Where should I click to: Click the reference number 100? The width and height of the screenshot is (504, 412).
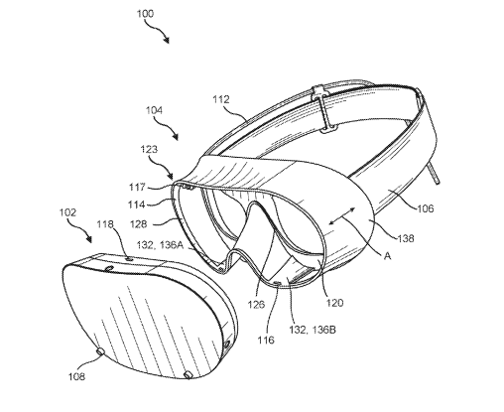point(145,14)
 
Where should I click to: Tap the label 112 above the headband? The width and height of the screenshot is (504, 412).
point(221,99)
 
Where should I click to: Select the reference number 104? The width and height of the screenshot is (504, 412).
point(154,110)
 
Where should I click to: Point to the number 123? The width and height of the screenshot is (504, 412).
point(149,149)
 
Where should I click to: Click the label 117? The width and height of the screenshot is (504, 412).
point(137,188)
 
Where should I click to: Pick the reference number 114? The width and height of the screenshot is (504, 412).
point(137,205)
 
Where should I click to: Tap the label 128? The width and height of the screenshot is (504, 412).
point(138,224)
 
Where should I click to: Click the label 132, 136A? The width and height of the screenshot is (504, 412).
point(160,245)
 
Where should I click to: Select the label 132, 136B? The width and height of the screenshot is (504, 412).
point(313,330)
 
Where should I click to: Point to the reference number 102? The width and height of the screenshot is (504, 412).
point(67,212)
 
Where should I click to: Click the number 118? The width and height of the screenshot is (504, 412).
point(105,224)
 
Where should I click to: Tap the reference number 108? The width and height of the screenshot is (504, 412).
point(76,376)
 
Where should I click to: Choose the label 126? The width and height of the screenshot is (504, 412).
point(257,304)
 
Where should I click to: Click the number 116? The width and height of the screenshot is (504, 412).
point(266,340)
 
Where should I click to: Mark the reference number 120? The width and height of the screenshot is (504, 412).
point(335,303)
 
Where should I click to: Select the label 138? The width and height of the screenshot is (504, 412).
point(406,238)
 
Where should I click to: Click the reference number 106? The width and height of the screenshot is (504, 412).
point(425,208)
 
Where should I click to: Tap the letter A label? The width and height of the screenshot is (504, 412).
point(387,256)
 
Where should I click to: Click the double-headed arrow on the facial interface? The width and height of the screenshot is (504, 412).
point(342,216)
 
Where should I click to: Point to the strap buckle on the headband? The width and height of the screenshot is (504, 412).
point(325,109)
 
